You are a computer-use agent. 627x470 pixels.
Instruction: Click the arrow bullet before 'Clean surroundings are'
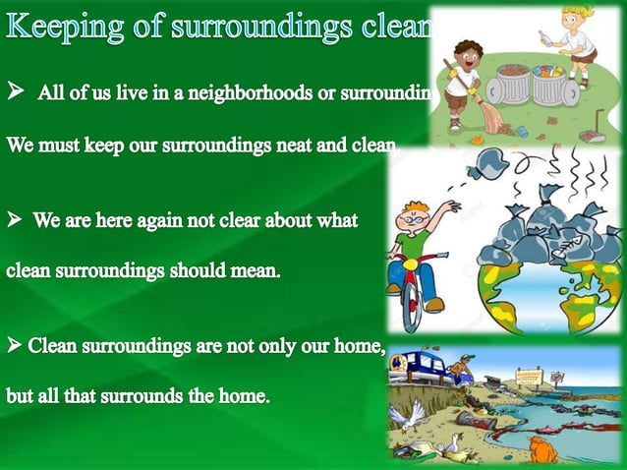(15, 346)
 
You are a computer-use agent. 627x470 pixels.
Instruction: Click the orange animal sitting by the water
(541, 450)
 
